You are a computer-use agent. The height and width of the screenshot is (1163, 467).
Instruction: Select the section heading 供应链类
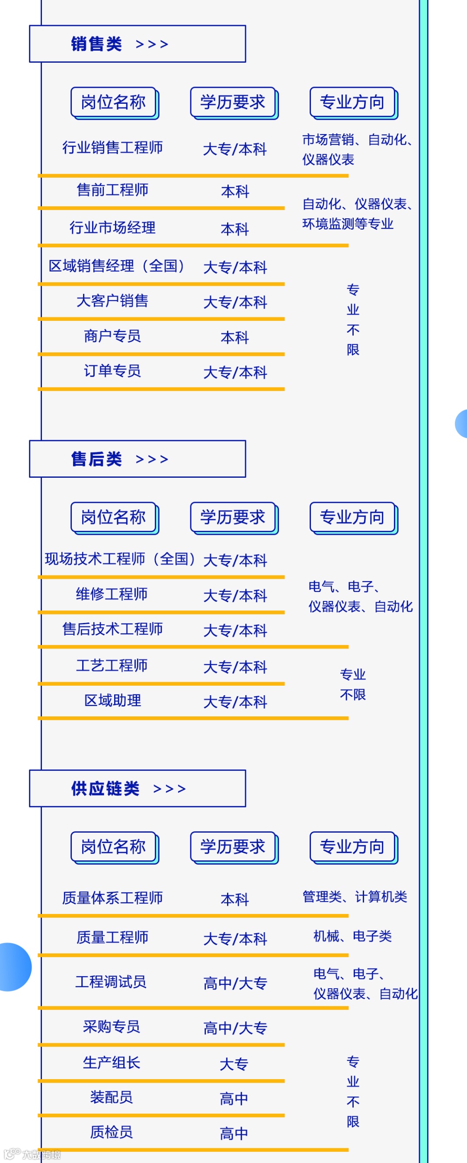pos(105,788)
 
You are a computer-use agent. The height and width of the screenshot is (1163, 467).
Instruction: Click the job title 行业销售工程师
pos(112,147)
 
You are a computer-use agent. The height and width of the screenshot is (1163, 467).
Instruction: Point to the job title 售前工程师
pos(112,190)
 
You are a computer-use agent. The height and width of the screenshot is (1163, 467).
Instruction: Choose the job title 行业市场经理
pos(112,227)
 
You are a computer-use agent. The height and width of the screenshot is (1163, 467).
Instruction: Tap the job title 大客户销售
pos(112,300)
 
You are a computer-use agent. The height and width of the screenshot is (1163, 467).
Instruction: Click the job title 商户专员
pos(112,335)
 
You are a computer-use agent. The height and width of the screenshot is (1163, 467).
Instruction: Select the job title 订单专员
pos(112,371)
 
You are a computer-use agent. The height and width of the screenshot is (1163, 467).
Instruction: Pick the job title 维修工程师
pos(112,594)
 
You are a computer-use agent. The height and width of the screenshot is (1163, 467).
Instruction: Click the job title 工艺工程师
pos(112,665)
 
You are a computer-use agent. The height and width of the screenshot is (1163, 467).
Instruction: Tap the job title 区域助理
pos(112,700)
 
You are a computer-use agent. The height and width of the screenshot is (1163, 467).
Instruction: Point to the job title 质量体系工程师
pos(112,898)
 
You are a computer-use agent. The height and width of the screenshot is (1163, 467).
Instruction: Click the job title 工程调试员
pos(111,981)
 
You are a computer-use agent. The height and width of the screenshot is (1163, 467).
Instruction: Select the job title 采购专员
pos(112,1027)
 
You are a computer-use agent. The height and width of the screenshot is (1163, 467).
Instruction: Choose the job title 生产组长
pos(112,1062)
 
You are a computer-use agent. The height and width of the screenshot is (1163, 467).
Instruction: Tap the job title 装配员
pos(112,1097)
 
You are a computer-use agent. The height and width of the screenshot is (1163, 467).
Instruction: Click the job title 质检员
pos(112,1132)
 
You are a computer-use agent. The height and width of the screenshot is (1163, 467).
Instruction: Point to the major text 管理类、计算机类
pos(355,896)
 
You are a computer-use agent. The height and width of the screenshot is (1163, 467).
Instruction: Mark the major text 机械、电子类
pos(352,936)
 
